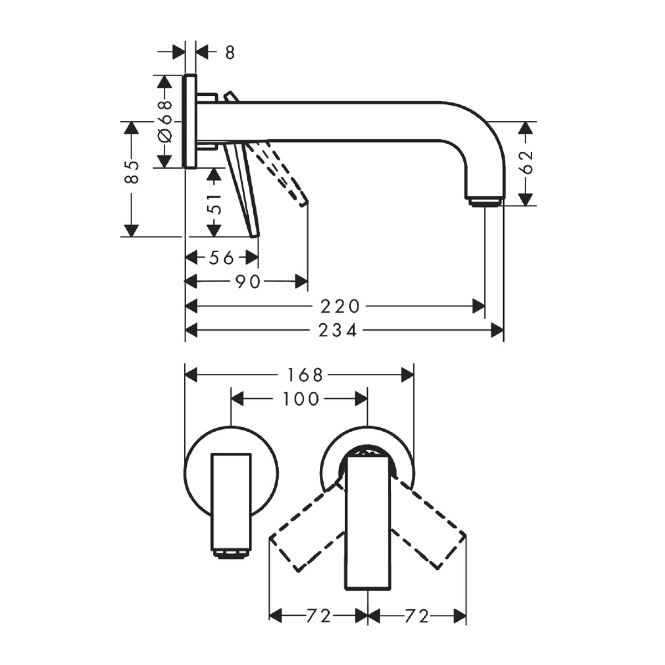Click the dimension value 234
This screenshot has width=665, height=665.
[337, 331]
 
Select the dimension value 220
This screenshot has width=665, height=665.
[340, 306]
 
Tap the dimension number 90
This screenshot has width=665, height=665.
[247, 282]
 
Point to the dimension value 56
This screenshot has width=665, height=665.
[222, 258]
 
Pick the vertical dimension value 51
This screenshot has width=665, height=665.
[214, 203]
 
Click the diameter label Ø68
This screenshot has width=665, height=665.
[165, 121]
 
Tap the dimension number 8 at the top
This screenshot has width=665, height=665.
[230, 53]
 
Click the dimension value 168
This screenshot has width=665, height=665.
[305, 375]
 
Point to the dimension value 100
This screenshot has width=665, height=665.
[300, 399]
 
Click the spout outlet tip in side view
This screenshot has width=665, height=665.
[484, 202]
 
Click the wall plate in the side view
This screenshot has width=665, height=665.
[191, 121]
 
